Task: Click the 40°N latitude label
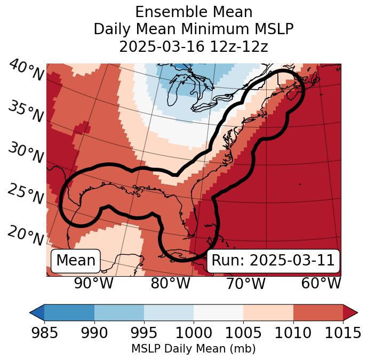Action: click(26, 71)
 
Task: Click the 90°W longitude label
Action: click(94, 284)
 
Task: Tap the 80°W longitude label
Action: click(170, 284)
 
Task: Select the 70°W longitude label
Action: click(246, 284)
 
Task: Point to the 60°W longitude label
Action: click(321, 284)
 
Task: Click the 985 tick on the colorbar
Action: click(44, 333)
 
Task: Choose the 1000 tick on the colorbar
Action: click(194, 333)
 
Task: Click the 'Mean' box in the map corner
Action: click(76, 261)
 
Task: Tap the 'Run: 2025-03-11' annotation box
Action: click(273, 261)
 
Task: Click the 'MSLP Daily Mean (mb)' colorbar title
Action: click(194, 349)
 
